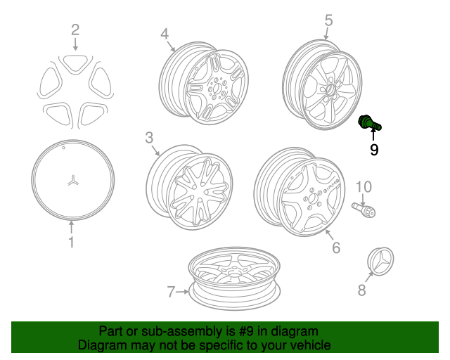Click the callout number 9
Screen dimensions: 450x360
pos(374,150)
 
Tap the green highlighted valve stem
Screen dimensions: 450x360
pos(369,123)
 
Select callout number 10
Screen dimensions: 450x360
pos(364,186)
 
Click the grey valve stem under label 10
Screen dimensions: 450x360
pos(364,210)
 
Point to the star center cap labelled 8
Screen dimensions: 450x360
pos(380,261)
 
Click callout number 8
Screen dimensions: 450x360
pos(361,290)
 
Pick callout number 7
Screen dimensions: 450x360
pos(171,292)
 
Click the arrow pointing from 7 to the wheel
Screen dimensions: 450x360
pos(182,292)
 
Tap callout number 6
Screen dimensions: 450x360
pos(336,247)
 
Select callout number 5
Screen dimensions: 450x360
pos(328,20)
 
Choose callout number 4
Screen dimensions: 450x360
pos(165,34)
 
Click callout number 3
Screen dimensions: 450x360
pos(149,138)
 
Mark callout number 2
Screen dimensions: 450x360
pos(75,30)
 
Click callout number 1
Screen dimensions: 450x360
pos(71,242)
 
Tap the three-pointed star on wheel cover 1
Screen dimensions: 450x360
pos(73,180)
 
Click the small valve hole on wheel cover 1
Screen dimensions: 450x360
pos(64,148)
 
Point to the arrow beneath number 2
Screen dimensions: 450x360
pos(75,44)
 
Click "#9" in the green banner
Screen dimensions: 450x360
pos(246,331)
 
